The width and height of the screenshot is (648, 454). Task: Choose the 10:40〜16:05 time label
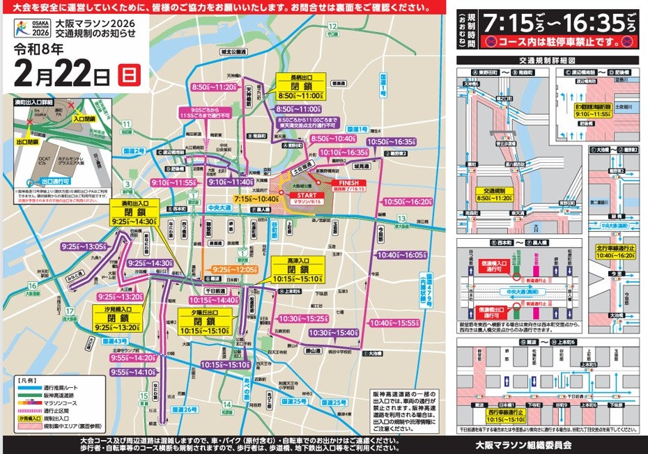coord(399,256)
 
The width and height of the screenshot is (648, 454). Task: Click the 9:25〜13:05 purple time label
coord(84,246)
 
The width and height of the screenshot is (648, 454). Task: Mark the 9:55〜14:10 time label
coord(132,372)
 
